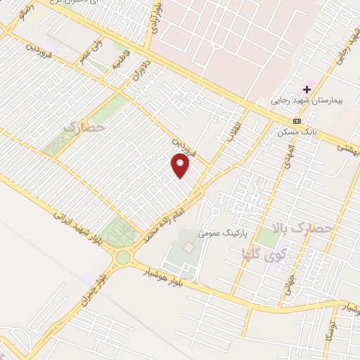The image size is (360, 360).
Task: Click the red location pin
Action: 181,166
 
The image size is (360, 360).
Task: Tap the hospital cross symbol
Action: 307,89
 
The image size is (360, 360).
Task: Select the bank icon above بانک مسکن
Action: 296,120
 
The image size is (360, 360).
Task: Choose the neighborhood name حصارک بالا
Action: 304,229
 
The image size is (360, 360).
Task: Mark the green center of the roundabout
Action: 123,257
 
